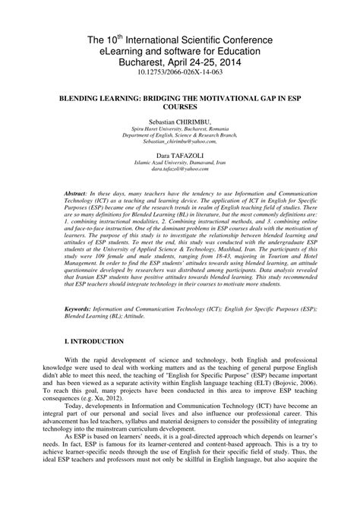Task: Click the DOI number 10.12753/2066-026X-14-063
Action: pyautogui.click(x=180, y=76)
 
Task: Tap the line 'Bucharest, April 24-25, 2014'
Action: pyautogui.click(x=180, y=63)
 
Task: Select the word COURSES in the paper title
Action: pyautogui.click(x=180, y=107)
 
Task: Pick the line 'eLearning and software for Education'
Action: pyautogui.click(x=180, y=51)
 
